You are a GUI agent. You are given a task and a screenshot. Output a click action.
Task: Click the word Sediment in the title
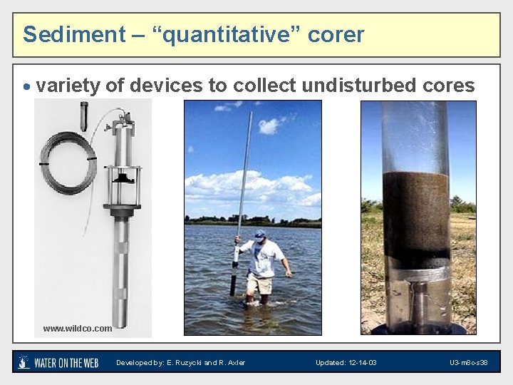coord(63,34)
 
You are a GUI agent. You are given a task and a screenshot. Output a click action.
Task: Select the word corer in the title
coord(336,34)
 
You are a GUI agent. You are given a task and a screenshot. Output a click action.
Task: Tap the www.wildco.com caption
coord(77,329)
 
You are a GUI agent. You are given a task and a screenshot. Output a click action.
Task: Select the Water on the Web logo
coord(58,362)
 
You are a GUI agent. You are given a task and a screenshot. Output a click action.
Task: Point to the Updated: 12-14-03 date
coord(346,363)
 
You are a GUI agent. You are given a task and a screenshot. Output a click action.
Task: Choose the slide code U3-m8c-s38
coord(468,363)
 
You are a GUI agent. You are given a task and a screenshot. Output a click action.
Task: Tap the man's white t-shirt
coord(261,257)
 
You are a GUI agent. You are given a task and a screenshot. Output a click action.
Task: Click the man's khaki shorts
coord(259,283)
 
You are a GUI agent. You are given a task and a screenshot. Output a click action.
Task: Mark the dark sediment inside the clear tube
coord(416,214)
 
